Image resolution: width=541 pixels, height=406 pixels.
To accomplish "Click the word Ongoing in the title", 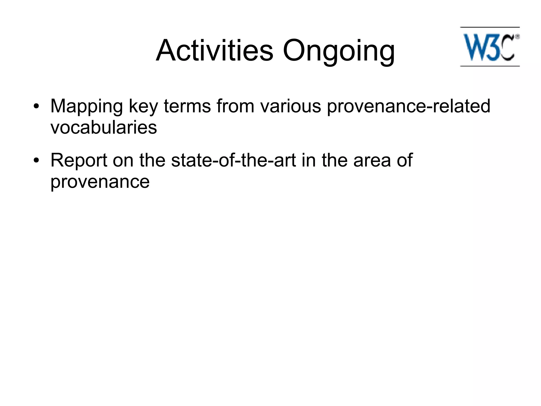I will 339,51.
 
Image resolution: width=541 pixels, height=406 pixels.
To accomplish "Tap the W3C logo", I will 490,47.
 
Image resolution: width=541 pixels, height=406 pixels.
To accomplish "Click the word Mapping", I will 86,106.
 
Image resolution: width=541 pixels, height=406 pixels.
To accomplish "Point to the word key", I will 143,106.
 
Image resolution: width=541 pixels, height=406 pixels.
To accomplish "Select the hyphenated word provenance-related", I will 408,106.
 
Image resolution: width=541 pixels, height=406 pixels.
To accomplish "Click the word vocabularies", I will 104,127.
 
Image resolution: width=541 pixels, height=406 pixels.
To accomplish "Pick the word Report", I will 79,161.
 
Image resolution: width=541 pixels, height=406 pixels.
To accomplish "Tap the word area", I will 372,161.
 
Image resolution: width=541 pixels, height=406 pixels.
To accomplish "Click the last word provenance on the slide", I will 100,182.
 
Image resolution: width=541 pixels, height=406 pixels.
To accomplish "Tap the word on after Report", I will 123,161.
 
